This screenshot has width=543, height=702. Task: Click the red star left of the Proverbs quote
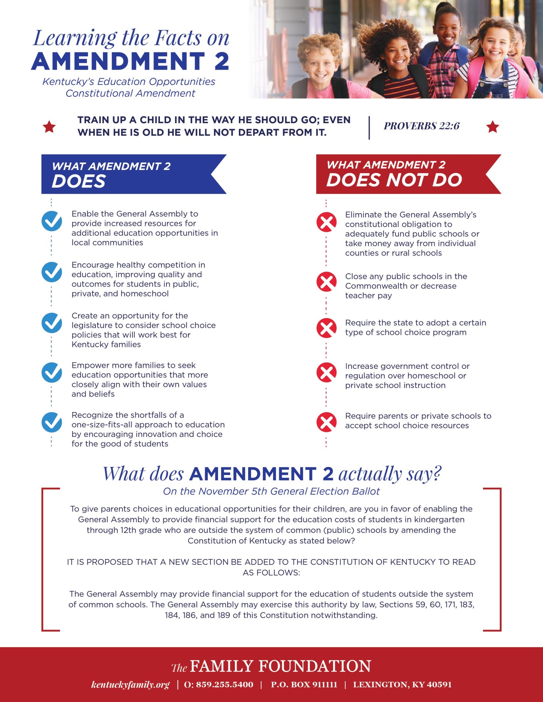coord(49,127)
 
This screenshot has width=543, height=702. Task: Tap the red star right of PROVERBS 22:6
coord(493,127)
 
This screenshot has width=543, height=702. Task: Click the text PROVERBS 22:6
coord(422,126)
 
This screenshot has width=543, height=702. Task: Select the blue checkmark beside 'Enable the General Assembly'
coord(52,221)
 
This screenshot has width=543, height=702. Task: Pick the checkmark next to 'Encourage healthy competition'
coord(52,272)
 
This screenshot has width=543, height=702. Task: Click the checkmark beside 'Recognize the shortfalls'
coord(52,422)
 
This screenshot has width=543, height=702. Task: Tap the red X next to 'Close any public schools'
coord(326,282)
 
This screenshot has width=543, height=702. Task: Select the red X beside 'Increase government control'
coord(326,373)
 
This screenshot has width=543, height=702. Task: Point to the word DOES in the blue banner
coord(79,181)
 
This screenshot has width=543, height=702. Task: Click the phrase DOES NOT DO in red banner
coord(394,180)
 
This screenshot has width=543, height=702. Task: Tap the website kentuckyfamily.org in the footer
coord(130,684)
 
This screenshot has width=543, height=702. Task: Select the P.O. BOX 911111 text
coord(304,684)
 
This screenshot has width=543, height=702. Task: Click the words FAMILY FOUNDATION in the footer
coord(280,666)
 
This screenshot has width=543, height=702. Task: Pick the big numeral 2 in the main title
coord(222,61)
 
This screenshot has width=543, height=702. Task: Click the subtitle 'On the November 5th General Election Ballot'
coord(271,491)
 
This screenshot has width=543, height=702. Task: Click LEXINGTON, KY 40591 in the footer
coord(402,684)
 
